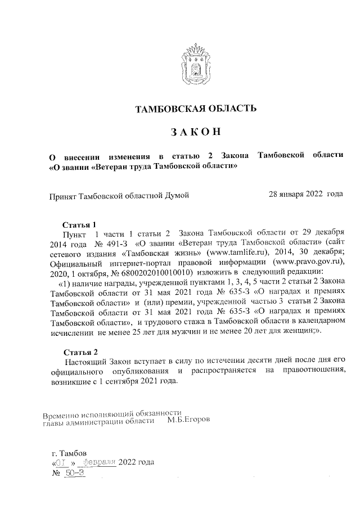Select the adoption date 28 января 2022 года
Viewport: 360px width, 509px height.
tap(306, 195)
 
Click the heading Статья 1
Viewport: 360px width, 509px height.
tap(83, 223)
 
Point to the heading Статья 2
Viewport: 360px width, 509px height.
tap(83, 352)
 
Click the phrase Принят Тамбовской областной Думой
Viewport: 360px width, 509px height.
tap(119, 195)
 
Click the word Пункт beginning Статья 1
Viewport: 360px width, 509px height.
tap(75, 232)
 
